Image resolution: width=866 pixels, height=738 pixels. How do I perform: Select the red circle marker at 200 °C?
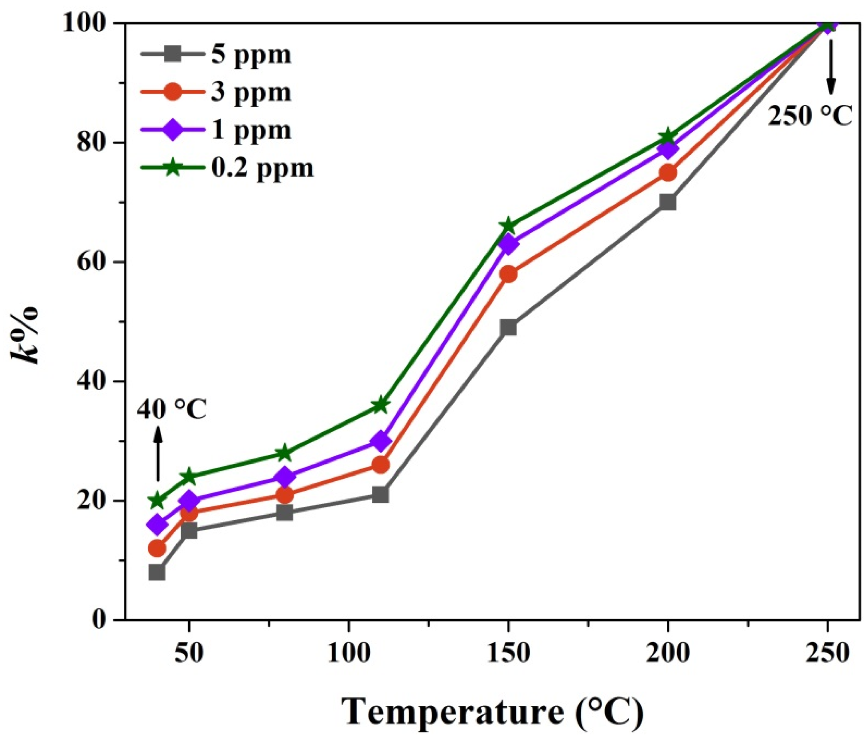point(668,173)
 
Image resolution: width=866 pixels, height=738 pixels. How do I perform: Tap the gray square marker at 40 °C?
point(157,572)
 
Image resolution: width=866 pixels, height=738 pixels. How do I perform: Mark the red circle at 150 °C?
point(508,274)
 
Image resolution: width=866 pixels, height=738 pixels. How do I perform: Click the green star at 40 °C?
point(157,500)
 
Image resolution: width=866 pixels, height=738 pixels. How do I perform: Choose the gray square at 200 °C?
point(668,202)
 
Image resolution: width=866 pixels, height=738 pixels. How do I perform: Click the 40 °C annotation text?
point(172,411)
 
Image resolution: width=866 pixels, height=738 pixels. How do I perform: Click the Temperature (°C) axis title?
point(492,712)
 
